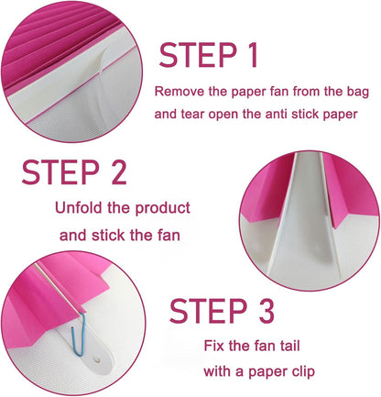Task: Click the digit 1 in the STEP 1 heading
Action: click(251, 55)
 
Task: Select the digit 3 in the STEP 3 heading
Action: click(266, 311)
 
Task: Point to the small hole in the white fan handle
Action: click(98, 359)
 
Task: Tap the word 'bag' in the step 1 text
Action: click(358, 93)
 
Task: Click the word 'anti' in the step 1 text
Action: click(277, 114)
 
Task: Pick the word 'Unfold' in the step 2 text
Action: click(79, 207)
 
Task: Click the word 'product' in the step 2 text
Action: click(163, 209)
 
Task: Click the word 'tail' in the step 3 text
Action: click(290, 346)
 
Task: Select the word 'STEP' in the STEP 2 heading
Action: click(60, 171)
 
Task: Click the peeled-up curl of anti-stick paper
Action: click(99, 61)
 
